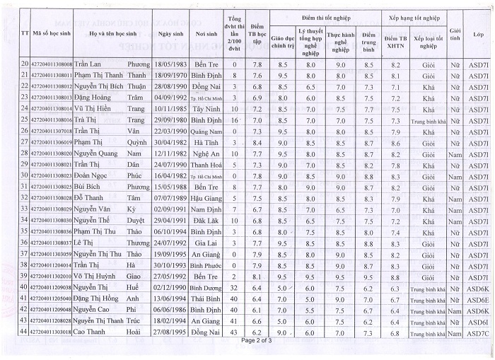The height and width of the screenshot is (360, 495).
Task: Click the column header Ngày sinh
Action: [172, 34]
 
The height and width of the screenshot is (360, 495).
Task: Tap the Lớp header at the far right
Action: [479, 34]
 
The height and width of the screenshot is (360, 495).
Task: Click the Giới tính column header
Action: [455, 34]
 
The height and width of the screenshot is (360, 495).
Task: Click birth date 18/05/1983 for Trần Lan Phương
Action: [172, 65]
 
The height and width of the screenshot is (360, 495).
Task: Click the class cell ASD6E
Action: [479, 299]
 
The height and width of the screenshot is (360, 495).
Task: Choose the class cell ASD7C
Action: [479, 332]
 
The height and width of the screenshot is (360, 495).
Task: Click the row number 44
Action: [25, 332]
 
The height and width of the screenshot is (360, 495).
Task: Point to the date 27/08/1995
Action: [172, 332]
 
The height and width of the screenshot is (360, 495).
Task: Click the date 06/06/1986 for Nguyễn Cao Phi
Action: [172, 310]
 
